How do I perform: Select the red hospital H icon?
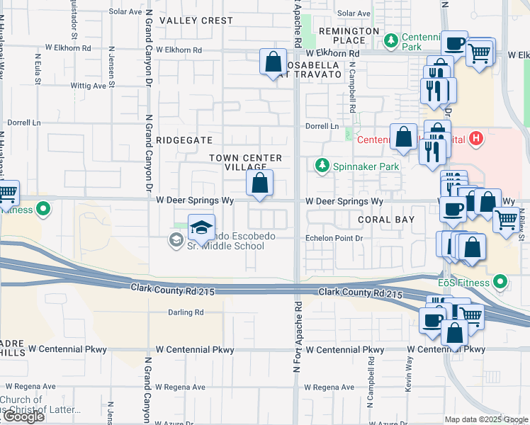pos(477,139)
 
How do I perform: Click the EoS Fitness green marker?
pos(501,283)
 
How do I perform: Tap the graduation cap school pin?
pos(201,227)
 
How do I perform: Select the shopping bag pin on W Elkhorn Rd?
pos(273,62)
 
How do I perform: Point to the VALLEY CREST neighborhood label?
pos(196,21)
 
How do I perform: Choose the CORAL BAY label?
pos(386,220)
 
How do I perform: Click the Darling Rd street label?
pos(186,312)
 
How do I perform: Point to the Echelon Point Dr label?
pos(334,239)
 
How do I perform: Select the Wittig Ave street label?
pos(88,86)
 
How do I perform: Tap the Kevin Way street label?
pos(410,373)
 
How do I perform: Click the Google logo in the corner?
pos(23,416)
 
